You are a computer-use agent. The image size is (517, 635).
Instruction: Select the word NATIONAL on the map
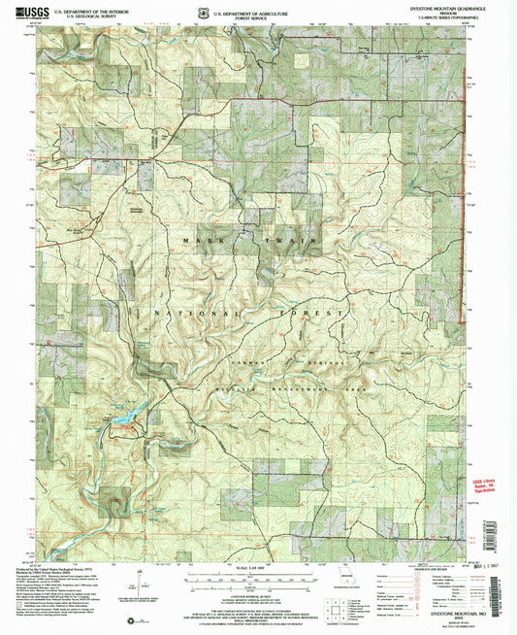pyautogui.click(x=194, y=315)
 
